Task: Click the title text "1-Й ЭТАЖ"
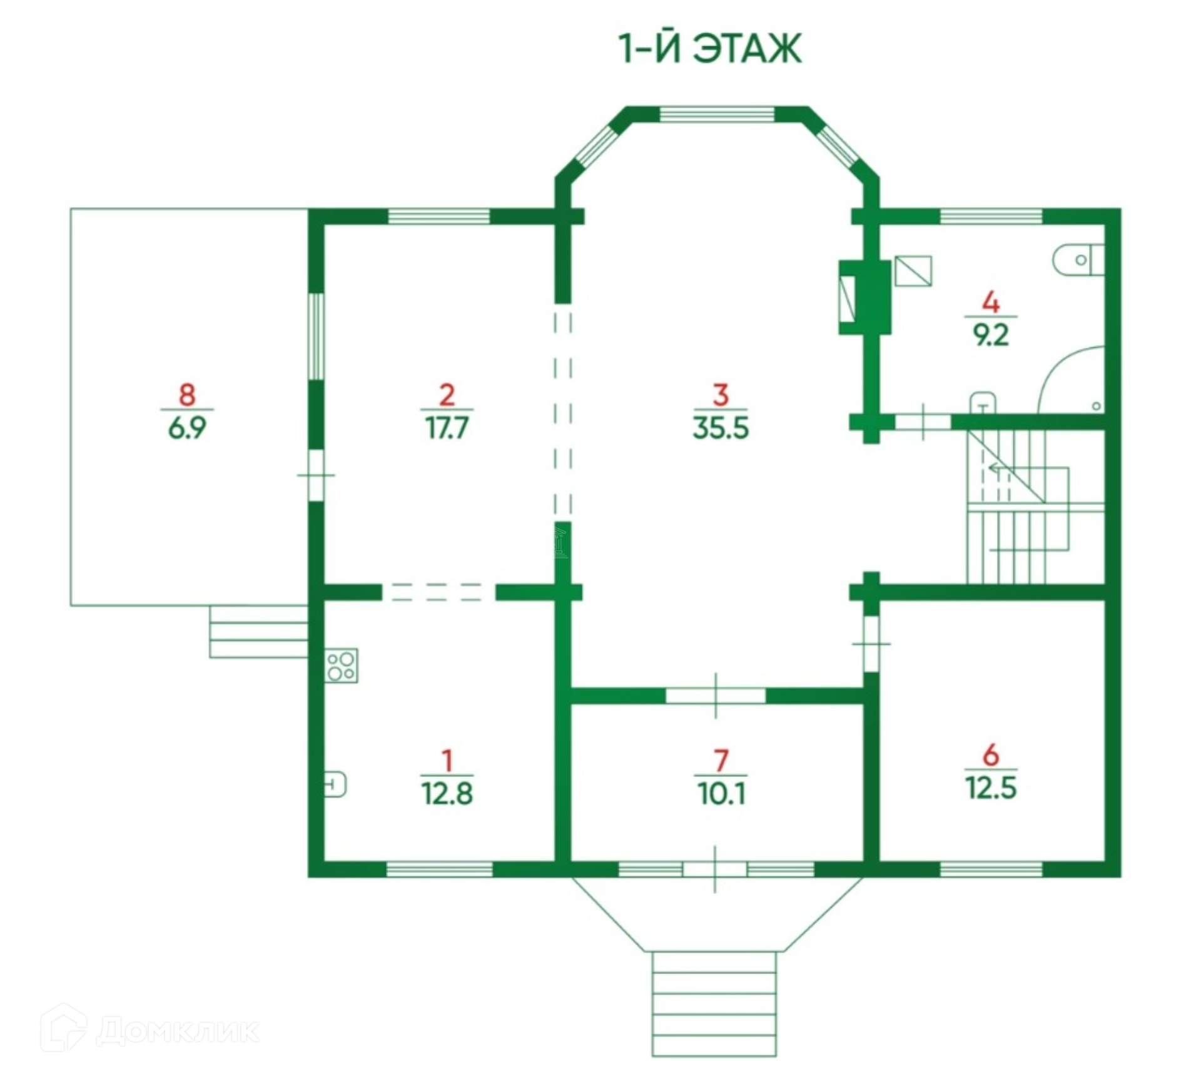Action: (x=710, y=49)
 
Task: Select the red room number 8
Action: (x=187, y=395)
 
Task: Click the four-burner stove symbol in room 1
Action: (x=341, y=666)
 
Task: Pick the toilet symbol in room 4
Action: (x=1078, y=260)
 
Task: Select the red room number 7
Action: (x=721, y=761)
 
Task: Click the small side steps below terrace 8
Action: (x=258, y=631)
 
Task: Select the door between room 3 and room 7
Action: (x=716, y=695)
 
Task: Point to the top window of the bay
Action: (x=717, y=114)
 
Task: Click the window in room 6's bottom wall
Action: (x=991, y=869)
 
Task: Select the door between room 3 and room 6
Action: (x=871, y=644)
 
